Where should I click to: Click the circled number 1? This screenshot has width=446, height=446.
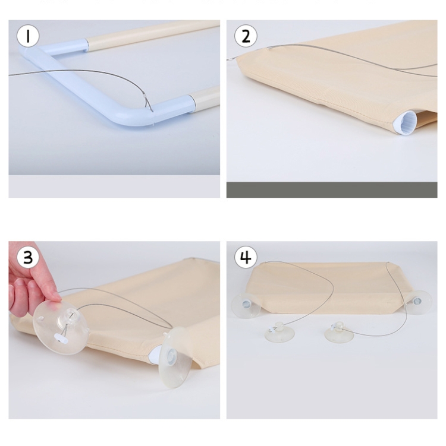click(28, 36)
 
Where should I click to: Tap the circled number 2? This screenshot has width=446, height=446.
click(246, 36)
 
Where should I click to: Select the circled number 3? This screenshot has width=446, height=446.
click(28, 257)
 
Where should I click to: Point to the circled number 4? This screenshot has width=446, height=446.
click(246, 257)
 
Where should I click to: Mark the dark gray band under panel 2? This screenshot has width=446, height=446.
click(332, 189)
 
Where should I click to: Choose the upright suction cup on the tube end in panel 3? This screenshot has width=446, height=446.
click(174, 357)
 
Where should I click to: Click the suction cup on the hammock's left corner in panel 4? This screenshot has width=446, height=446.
click(246, 306)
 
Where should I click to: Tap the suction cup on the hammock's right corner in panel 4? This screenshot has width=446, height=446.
click(418, 302)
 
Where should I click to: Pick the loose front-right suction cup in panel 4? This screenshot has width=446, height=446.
click(339, 333)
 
